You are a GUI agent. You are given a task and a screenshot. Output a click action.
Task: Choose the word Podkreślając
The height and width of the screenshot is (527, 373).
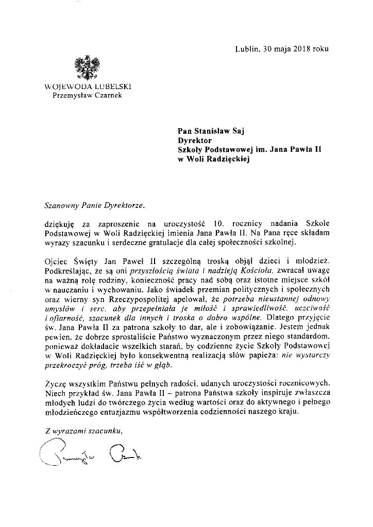(69, 270)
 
